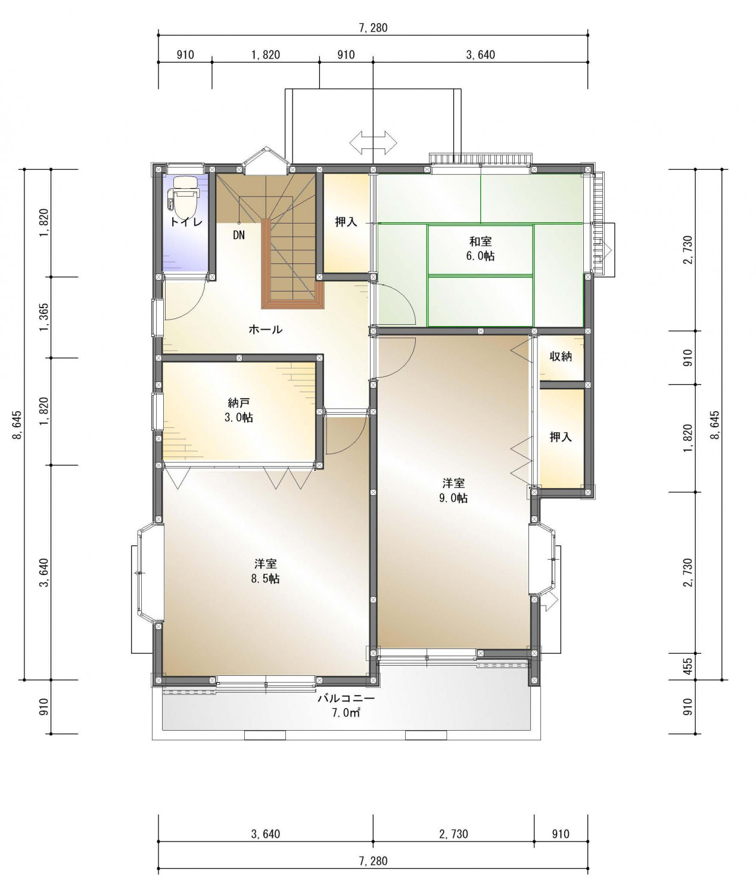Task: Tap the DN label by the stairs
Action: click(x=239, y=235)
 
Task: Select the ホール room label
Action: click(x=265, y=329)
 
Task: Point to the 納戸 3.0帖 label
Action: click(x=240, y=411)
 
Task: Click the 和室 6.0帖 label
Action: click(x=480, y=249)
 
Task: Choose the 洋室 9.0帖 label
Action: click(x=453, y=491)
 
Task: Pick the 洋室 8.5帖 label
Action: click(x=265, y=571)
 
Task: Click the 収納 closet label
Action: click(x=561, y=356)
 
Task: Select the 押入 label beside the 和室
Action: click(x=346, y=222)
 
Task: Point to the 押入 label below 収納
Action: click(x=561, y=437)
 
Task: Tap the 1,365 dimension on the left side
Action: click(x=45, y=317)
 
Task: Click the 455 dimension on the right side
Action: click(x=687, y=666)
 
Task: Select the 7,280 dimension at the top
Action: click(x=373, y=28)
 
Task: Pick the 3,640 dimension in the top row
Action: click(x=480, y=55)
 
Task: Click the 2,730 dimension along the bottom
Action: click(x=453, y=833)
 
